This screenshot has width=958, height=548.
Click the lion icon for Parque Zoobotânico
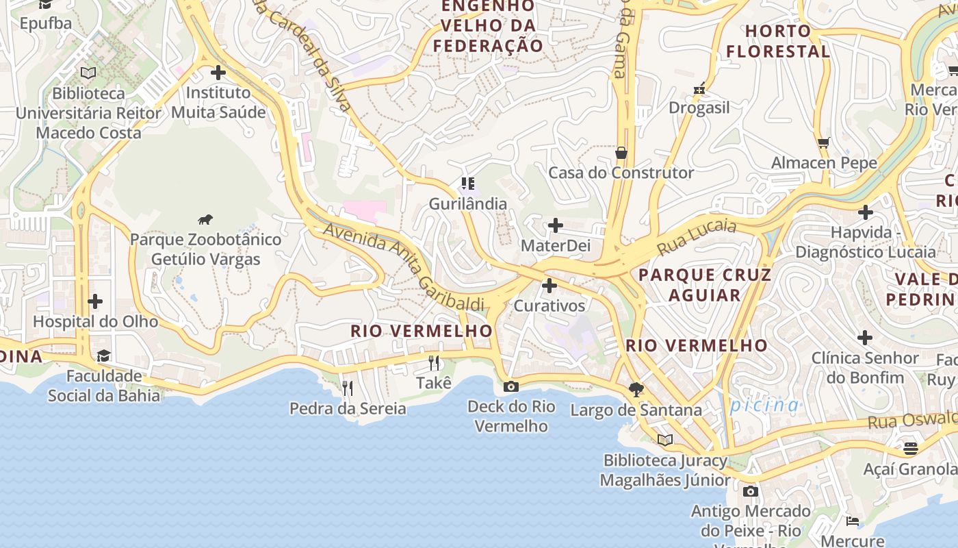coord(205,219)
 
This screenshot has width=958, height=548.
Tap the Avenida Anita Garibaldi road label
coord(404,266)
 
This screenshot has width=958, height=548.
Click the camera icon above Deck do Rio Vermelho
coord(510,387)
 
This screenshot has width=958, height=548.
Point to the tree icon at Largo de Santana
coord(636,390)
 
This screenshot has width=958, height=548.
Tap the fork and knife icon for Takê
coord(434,362)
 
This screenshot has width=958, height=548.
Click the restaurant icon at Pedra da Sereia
coord(348,388)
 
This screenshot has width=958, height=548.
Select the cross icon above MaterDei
coord(556,225)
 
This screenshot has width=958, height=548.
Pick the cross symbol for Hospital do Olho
coord(95,301)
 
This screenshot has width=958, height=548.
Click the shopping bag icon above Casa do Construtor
coord(621,152)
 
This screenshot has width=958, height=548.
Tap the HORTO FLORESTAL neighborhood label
coord(778,41)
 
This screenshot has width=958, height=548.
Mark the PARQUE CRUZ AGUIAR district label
coord(705,285)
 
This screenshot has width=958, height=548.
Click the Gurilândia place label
coord(468,203)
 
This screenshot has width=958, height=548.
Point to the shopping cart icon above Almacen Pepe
coord(824,142)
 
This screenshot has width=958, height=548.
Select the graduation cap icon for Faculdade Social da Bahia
coord(103,356)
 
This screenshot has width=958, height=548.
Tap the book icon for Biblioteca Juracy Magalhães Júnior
coord(665,440)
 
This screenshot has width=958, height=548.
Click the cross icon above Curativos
coord(549,286)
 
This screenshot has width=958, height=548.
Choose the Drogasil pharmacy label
coord(699,108)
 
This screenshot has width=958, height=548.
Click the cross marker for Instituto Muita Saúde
coord(218,72)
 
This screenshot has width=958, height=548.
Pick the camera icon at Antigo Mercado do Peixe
coord(751,491)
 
